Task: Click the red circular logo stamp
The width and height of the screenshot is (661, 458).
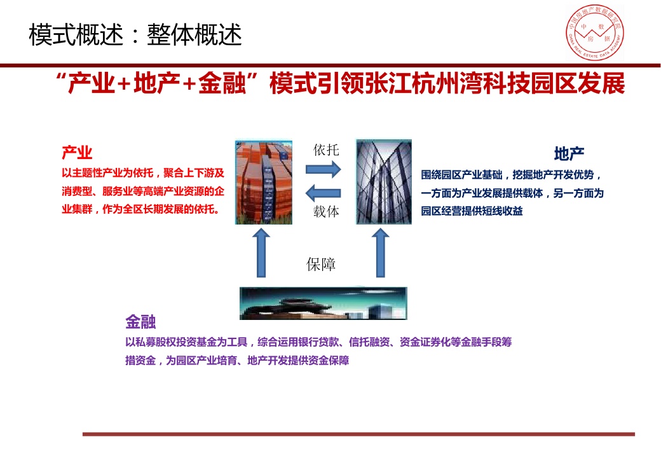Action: [x=595, y=32]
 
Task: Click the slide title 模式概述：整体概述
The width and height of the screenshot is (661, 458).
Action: [x=135, y=34]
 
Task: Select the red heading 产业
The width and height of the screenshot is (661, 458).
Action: [x=77, y=152]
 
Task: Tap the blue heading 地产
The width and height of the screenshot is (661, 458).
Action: [x=569, y=154]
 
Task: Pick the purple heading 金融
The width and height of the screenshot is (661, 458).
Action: [x=141, y=322]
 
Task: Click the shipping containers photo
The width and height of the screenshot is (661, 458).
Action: [x=264, y=182]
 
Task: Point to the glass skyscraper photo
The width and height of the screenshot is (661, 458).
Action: [x=384, y=182]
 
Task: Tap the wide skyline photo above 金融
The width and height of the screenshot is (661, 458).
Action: [x=324, y=303]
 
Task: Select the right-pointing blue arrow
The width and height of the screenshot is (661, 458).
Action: [x=324, y=170]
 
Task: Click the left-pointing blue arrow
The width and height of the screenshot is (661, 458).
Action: [x=324, y=193]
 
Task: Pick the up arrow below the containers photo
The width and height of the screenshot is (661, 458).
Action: [x=261, y=253]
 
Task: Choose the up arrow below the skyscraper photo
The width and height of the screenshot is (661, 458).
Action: [x=381, y=253]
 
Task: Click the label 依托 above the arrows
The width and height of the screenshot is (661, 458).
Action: [x=326, y=149]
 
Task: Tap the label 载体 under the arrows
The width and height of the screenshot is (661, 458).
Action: [x=326, y=211]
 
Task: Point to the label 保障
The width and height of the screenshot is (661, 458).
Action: [x=321, y=265]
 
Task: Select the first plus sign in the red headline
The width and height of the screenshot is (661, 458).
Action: [x=125, y=84]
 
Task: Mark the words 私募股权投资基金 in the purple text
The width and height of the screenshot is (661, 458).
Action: [x=176, y=342]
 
